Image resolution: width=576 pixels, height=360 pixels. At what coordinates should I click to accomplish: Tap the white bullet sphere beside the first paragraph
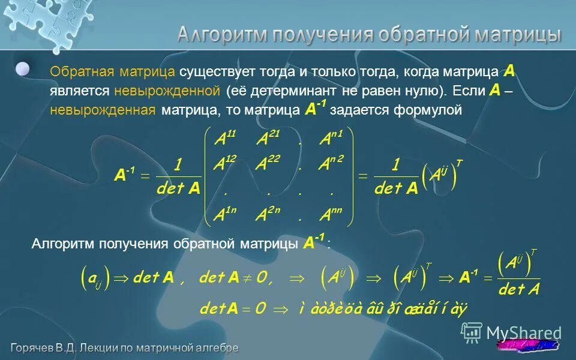[x=23, y=69]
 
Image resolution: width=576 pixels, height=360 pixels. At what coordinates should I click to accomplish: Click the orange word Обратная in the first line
[x=82, y=72]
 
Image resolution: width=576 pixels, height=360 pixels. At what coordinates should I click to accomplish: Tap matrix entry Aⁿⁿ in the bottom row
[x=331, y=214]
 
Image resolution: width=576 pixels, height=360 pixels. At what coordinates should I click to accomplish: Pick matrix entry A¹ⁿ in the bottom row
[x=226, y=214]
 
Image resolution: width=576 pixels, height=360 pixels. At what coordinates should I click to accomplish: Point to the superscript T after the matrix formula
[x=459, y=164]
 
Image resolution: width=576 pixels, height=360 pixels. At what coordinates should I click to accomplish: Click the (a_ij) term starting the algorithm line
[x=94, y=278]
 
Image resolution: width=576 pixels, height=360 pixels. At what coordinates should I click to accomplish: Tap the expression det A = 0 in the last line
[x=233, y=309]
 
